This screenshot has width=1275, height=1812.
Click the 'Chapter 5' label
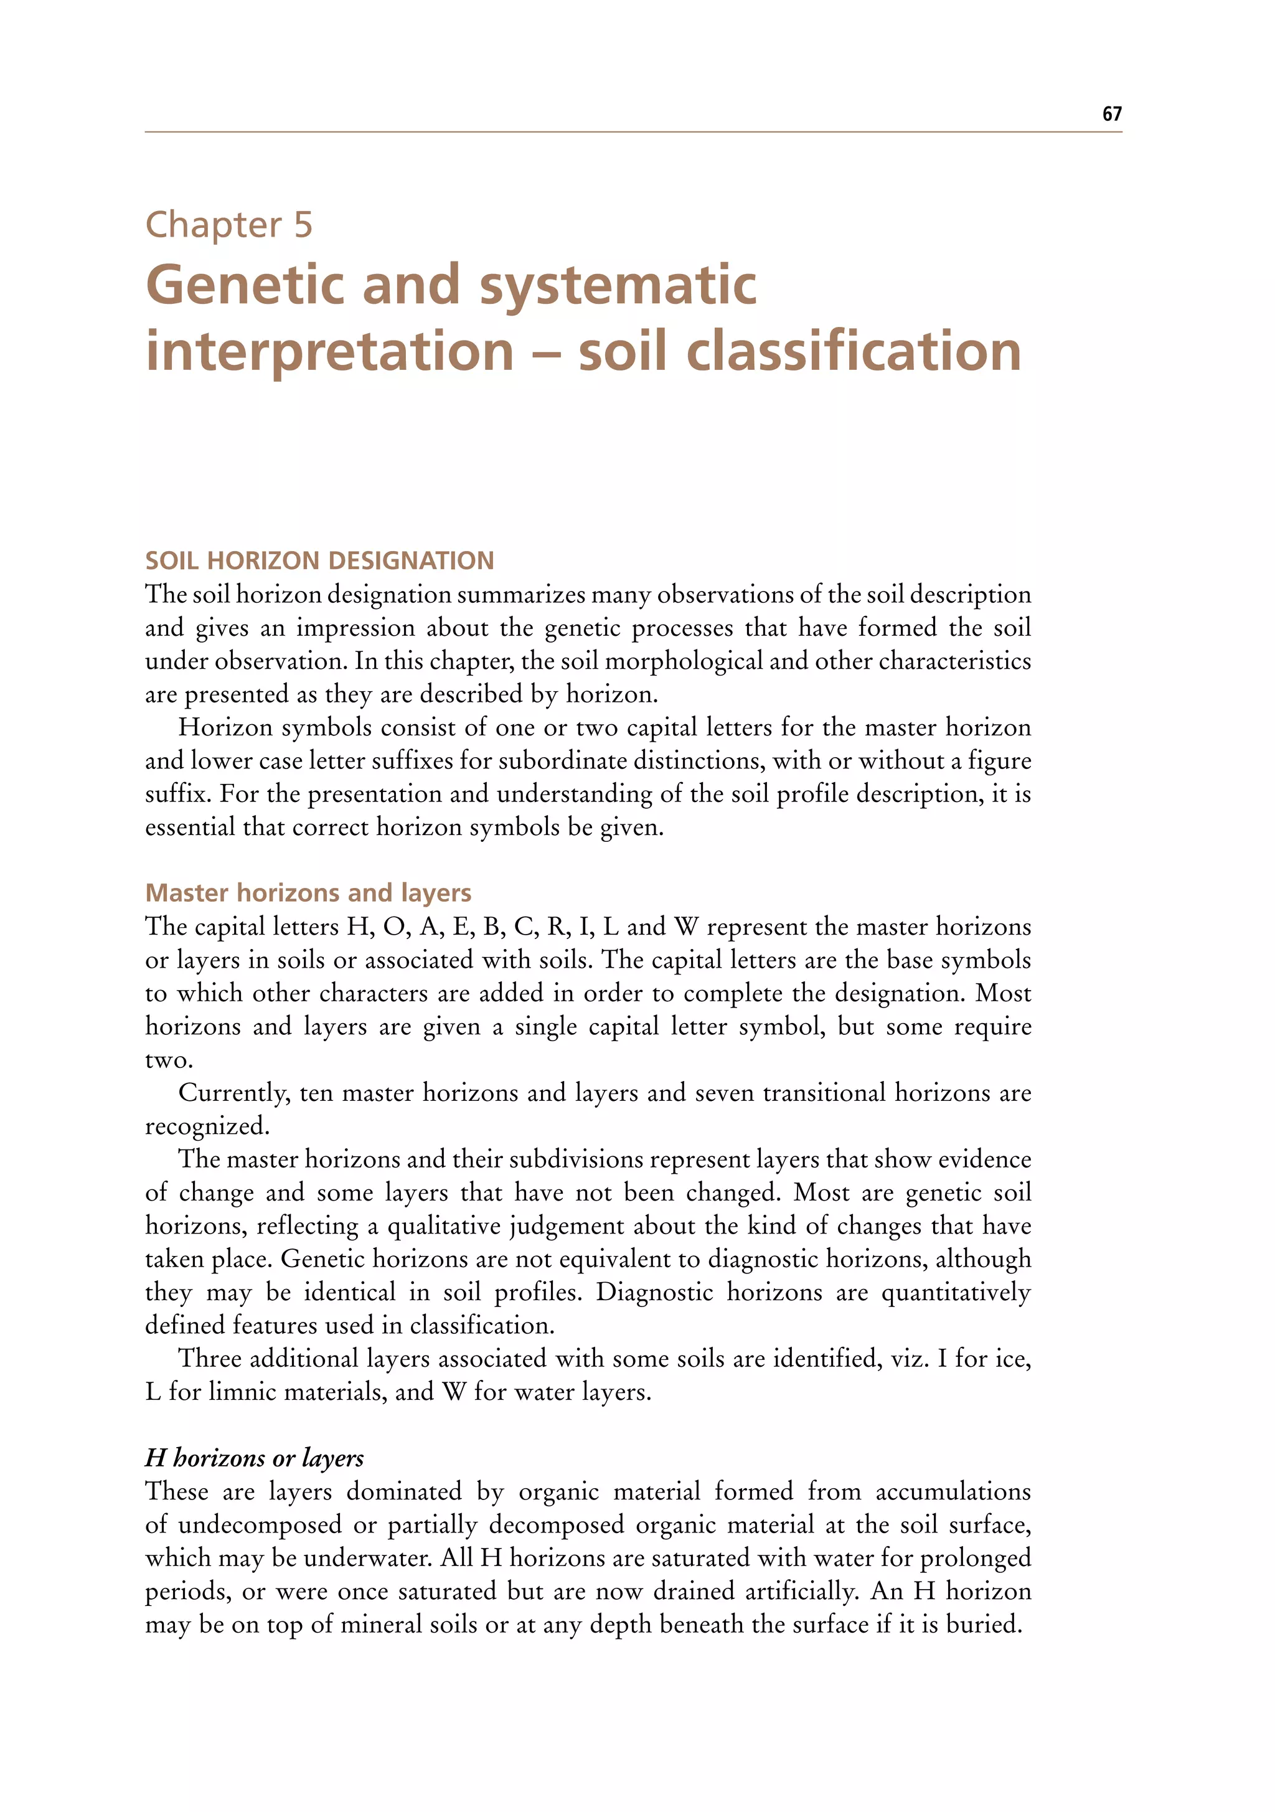coord(229,225)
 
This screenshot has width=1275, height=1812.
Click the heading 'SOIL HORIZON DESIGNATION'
coord(319,560)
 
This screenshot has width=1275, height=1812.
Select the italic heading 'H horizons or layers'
coord(254,1458)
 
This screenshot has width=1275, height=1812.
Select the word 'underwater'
coord(365,1558)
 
